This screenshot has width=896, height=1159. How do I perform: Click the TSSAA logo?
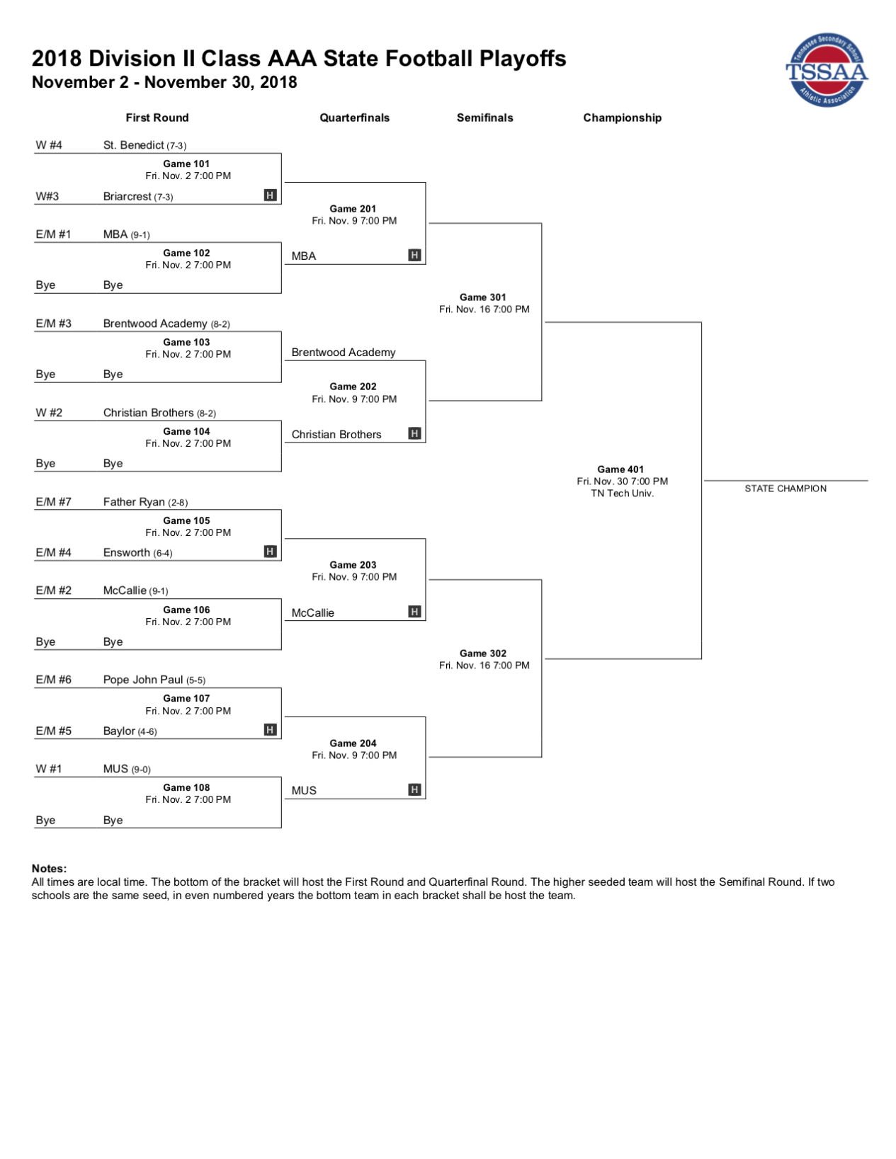(x=826, y=70)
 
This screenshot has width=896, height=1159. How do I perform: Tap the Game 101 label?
(x=186, y=164)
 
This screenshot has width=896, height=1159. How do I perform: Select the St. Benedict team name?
(x=133, y=145)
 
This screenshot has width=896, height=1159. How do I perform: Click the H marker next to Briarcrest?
(x=271, y=195)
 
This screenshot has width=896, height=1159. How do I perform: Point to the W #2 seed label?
(x=49, y=412)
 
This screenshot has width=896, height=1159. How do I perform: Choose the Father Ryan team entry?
(x=134, y=502)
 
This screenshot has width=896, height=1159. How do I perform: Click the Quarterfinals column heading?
(x=354, y=118)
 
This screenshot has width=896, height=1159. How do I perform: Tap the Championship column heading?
(x=622, y=118)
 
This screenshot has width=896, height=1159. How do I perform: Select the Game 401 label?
(x=620, y=469)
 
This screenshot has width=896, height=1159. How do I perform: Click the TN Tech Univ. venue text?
(x=622, y=493)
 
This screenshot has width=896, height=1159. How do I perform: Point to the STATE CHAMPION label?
(x=785, y=489)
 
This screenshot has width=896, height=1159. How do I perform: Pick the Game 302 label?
(x=482, y=653)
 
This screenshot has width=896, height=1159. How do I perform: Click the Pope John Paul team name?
(x=143, y=680)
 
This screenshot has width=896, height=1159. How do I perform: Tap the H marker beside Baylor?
(x=271, y=730)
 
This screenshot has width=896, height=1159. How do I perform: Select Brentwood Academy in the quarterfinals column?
(x=343, y=353)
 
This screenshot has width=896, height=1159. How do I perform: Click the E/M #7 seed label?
(x=53, y=502)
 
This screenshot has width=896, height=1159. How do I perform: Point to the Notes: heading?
(x=49, y=868)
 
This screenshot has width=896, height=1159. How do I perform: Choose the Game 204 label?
(x=353, y=743)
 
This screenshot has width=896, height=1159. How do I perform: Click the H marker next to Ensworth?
(x=271, y=551)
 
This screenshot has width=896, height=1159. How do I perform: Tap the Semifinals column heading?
(x=484, y=118)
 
